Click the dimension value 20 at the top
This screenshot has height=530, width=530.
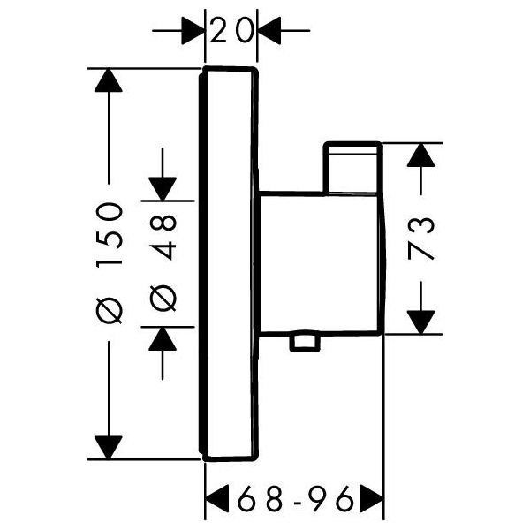coord(231,30)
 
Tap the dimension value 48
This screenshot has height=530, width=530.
coord(163,238)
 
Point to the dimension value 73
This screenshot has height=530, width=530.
coord(420,238)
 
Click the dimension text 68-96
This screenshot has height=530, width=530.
coord(295,499)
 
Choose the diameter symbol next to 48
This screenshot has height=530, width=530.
coord(163,299)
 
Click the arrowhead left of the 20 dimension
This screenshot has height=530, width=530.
coord(193,30)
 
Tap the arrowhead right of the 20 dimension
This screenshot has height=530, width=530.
coord(269,30)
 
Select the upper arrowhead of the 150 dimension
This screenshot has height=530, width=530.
coord(109,80)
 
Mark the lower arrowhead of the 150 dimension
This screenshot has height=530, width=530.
coord(109,448)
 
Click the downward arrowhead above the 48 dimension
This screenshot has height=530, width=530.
coord(163,189)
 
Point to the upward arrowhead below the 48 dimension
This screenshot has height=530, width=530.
coord(163,338)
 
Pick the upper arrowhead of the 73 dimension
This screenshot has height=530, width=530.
coord(420,155)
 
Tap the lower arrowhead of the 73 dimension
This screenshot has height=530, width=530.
coord(420,322)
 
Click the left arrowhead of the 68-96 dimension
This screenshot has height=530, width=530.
coord(217,499)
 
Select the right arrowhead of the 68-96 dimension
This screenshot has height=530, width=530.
coord(372,499)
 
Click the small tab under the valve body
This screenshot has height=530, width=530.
coord(305,343)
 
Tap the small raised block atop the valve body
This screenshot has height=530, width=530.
coord(352,168)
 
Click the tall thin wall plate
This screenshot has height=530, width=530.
coord(229,264)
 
